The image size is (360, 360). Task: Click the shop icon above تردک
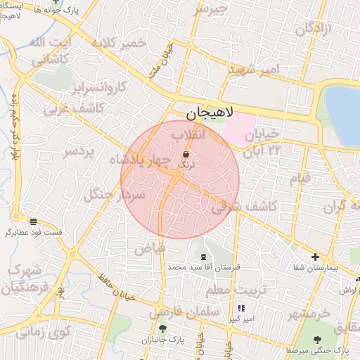point(186,154)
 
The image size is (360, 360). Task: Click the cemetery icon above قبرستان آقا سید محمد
point(204,257)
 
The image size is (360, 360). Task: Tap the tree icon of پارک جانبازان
point(163,328)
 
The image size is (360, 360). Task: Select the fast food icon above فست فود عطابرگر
point(34,221)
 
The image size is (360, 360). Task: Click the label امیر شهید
point(254,70)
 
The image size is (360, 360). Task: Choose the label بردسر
point(79,152)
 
